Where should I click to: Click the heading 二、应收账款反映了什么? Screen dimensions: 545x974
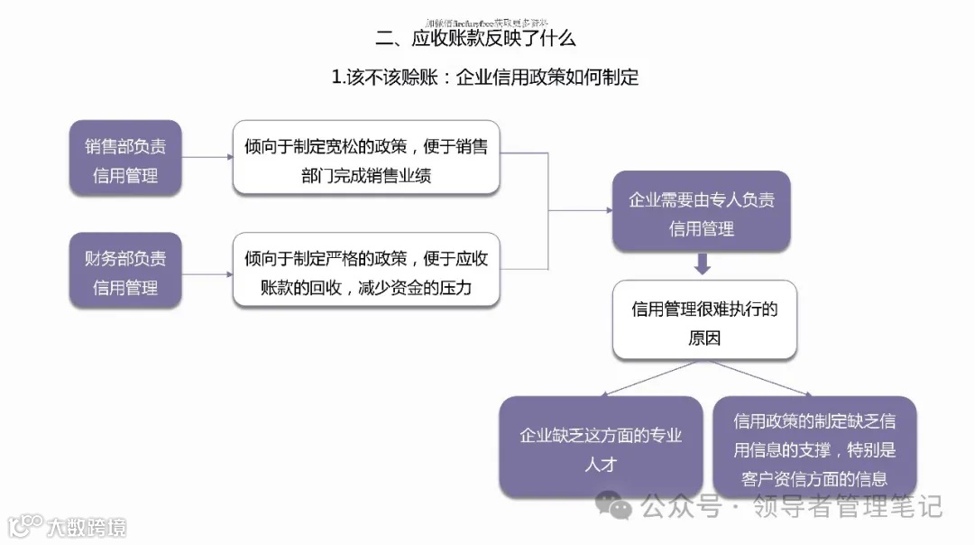(x=475, y=39)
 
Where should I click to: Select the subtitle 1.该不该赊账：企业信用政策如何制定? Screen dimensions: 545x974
(x=485, y=78)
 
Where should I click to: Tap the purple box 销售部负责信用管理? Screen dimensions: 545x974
(x=125, y=159)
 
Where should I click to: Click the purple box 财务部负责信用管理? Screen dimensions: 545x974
(x=125, y=272)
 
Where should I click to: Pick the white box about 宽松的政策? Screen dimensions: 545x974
(x=366, y=159)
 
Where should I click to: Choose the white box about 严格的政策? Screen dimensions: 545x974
(x=366, y=272)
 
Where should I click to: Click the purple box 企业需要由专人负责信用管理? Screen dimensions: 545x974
(x=701, y=213)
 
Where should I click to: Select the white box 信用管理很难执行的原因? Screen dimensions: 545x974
(x=704, y=322)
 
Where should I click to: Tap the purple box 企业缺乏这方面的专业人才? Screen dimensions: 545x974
(x=601, y=448)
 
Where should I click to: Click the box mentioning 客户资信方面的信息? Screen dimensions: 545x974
(x=814, y=448)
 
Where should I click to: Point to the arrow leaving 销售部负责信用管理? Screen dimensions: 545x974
(x=207, y=158)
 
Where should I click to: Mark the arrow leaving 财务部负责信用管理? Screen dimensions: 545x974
(x=207, y=273)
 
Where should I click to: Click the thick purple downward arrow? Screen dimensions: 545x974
(x=703, y=263)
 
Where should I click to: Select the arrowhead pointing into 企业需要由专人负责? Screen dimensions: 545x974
(x=607, y=211)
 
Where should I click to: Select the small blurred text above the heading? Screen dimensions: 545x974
(x=487, y=22)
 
